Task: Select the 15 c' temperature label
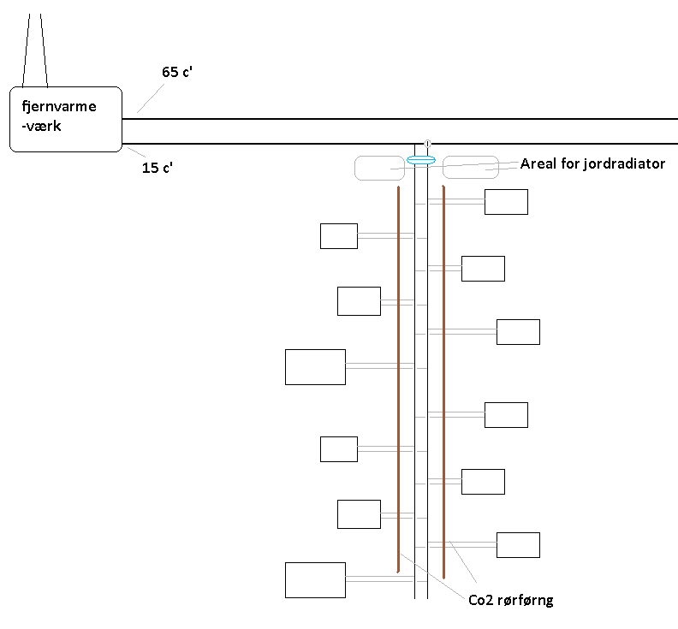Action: tap(158, 168)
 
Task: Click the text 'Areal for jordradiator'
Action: tap(592, 163)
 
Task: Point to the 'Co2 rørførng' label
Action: tap(510, 600)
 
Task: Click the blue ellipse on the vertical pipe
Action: tap(421, 160)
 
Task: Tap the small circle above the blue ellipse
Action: tap(427, 143)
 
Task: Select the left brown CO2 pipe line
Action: tap(399, 377)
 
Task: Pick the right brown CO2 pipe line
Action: tap(443, 377)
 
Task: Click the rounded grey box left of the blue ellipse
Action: tap(379, 168)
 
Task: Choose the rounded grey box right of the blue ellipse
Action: tap(470, 167)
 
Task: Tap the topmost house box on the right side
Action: tap(506, 202)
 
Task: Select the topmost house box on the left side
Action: tap(338, 235)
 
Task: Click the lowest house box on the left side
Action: tap(315, 579)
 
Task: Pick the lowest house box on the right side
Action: tap(518, 545)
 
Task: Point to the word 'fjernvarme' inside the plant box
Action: tap(58, 107)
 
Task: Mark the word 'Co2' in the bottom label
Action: tap(480, 600)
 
